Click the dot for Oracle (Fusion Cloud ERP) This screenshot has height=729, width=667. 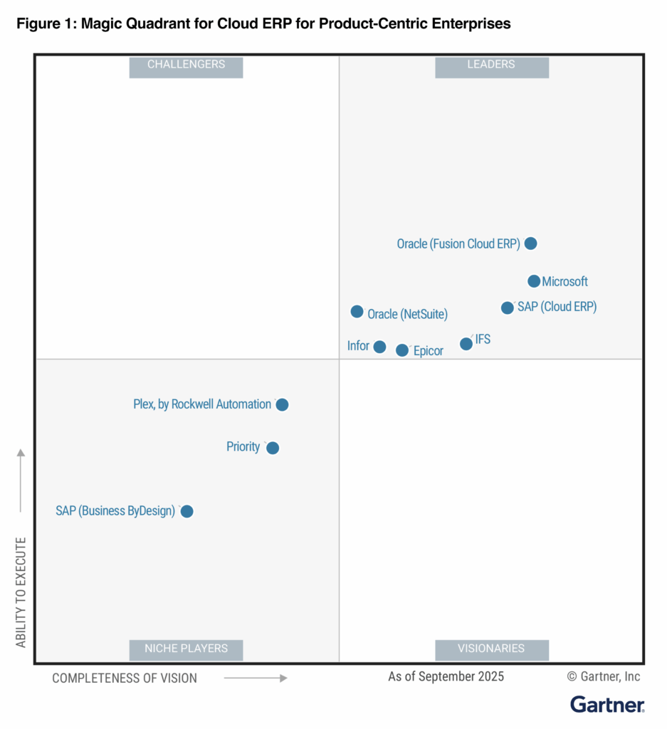point(530,243)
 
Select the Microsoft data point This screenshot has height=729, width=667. point(534,281)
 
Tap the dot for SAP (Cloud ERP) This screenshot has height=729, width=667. point(508,308)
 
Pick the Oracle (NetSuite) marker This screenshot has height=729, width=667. point(357,312)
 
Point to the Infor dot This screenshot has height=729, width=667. point(379,347)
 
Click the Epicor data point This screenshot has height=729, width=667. point(402,350)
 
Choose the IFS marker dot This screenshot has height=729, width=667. point(466,344)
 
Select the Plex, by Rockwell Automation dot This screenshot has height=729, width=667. point(282,404)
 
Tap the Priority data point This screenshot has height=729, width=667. point(273,448)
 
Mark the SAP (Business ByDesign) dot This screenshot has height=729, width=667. point(187,511)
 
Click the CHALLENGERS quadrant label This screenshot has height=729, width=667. point(186,65)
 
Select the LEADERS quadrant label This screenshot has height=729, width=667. point(491,65)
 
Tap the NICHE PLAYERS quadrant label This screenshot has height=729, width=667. point(186,649)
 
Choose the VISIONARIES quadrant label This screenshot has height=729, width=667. point(491,649)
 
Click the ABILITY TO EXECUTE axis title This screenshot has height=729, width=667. point(21,592)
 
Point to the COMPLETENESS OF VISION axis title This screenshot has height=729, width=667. point(125,678)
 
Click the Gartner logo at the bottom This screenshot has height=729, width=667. point(607,705)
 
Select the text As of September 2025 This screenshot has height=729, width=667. point(446,676)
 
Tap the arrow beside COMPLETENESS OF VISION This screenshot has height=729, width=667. point(256,678)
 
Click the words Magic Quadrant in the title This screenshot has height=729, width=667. point(127,23)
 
